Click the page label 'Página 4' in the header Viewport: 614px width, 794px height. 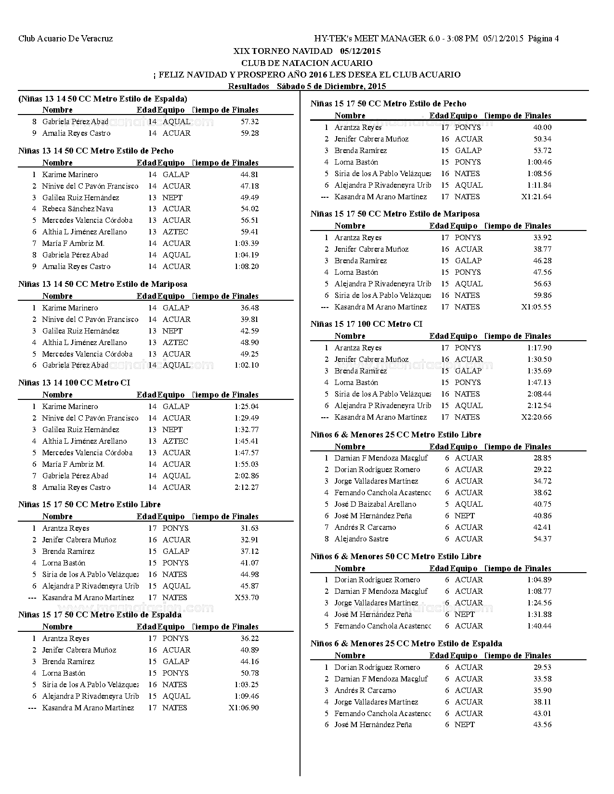click(543, 38)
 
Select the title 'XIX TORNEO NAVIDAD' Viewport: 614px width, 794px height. click(283, 51)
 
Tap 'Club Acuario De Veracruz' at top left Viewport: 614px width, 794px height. click(65, 38)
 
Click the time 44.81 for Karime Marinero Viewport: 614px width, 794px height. click(249, 175)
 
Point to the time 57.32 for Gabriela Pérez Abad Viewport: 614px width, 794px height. click(249, 122)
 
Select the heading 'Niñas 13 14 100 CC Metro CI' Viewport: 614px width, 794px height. click(74, 383)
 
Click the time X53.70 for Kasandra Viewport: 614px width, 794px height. click(247, 598)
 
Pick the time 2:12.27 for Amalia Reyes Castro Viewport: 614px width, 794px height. click(247, 487)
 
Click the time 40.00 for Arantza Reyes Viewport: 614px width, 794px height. click(542, 128)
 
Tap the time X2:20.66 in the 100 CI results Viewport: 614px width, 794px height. click(536, 417)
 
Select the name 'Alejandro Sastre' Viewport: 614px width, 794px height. click(361, 539)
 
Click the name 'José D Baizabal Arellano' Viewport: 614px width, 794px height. click(375, 504)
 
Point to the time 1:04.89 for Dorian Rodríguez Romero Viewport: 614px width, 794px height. click(539, 580)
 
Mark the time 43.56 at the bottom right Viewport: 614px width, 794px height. click(542, 725)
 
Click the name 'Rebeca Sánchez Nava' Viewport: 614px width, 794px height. click(78, 209)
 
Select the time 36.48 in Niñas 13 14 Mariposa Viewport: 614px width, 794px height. click(249, 308)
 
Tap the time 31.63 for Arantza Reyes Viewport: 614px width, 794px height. click(249, 528)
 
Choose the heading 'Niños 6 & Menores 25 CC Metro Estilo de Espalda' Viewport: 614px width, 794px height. click(406, 644)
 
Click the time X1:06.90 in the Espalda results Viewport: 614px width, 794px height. click(244, 708)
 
